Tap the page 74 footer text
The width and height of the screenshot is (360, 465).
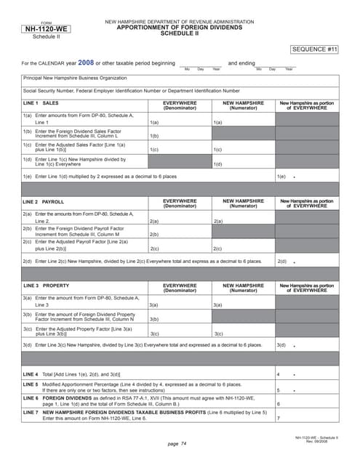tap(177, 442)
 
